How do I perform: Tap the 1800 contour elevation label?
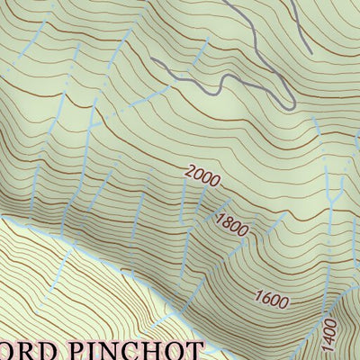pos(232,223)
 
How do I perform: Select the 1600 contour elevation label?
pos(272,298)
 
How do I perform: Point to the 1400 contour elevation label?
pos(329,335)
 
